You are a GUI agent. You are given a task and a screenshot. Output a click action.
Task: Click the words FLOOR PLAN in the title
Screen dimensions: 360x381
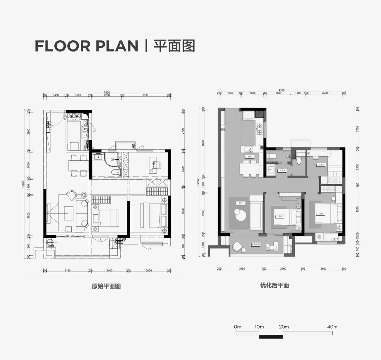pyautogui.click(x=86, y=46)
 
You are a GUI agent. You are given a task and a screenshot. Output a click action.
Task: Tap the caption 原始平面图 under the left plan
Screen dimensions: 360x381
pyautogui.click(x=106, y=286)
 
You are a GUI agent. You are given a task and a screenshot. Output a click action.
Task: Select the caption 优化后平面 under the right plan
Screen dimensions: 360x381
pyautogui.click(x=274, y=286)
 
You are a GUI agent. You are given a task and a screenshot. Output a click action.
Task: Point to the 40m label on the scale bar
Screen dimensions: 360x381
pyautogui.click(x=332, y=327)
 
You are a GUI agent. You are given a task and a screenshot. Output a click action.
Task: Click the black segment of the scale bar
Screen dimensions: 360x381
pyautogui.click(x=271, y=337)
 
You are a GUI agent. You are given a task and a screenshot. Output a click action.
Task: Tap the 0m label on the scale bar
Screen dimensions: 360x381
pyautogui.click(x=237, y=327)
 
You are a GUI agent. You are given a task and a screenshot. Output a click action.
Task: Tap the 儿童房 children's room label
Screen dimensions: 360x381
pyautogui.click(x=321, y=164)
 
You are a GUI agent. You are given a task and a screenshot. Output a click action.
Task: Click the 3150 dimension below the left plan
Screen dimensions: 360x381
pyautogui.click(x=67, y=270)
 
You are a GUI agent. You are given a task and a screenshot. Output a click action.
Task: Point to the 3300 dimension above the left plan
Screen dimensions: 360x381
pyautogui.click(x=145, y=95)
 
